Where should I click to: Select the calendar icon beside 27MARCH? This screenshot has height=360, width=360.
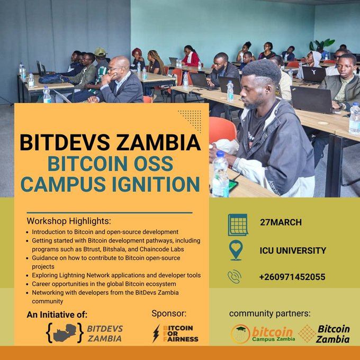pos(238,224)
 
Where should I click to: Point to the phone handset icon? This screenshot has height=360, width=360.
pos(235,276)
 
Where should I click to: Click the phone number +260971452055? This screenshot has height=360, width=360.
pos(293,277)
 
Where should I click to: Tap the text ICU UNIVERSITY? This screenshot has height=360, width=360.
pos(293,250)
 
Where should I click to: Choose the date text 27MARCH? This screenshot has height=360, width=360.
pos(281,222)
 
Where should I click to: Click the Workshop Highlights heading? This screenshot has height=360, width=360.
pos(69,221)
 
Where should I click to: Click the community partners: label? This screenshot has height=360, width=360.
pos(270,313)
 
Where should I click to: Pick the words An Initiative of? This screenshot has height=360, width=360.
pos(57,314)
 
